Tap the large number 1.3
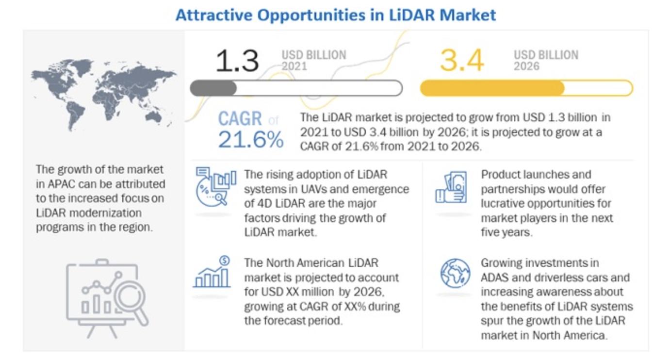coord(237,61)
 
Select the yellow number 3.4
coord(462,61)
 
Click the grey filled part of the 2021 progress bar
coord(213,88)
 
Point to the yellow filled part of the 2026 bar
coord(492,88)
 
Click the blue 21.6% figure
coord(251,139)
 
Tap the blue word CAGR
coord(240,118)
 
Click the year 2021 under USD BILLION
coord(294,66)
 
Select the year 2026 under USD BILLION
coord(526,66)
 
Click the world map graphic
coord(104,94)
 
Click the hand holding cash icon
coord(451,187)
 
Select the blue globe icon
coord(455,273)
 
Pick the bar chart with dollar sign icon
coord(212,272)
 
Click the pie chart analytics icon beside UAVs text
coord(216,186)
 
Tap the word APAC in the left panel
coord(61,184)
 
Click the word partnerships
coord(514,190)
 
